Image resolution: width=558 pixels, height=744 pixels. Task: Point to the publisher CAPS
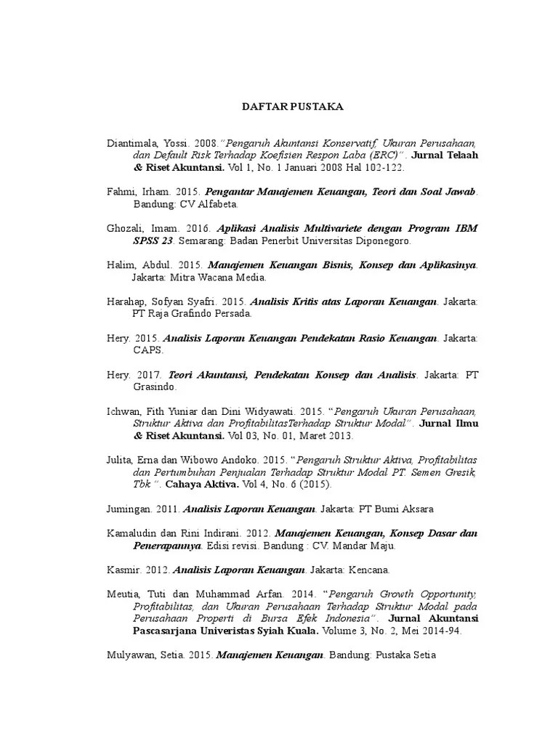point(147,349)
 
